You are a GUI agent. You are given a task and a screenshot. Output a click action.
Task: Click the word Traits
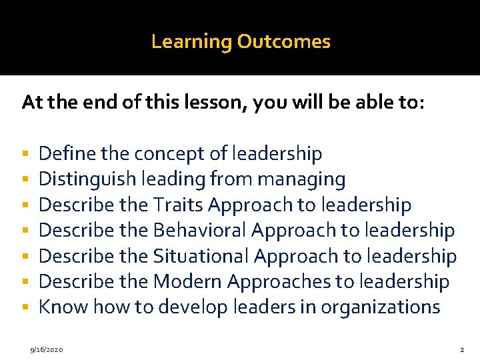[x=177, y=205]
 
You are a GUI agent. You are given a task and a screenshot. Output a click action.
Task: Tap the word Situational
[x=201, y=256]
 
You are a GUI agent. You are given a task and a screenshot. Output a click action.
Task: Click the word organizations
[x=381, y=307]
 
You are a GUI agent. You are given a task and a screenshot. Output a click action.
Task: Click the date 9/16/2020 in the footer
[x=47, y=349]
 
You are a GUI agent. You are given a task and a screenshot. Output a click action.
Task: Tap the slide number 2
[x=461, y=349]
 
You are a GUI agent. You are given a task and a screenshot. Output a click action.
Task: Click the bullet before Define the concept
[x=25, y=155]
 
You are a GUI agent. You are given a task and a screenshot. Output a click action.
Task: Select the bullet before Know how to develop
[x=25, y=307]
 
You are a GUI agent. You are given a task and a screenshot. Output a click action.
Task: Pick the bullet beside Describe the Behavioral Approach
[x=25, y=231]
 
